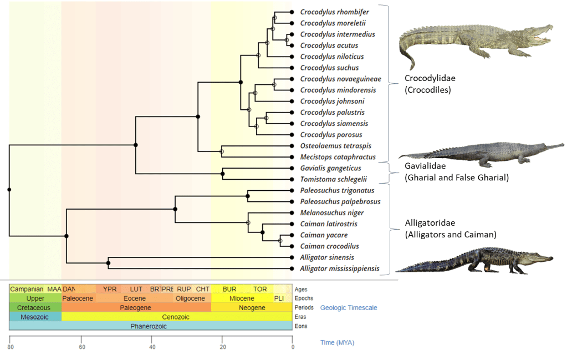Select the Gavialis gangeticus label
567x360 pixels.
(x=330, y=168)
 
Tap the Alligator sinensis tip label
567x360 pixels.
(x=327, y=257)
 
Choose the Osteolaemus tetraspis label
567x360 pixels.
(x=332, y=146)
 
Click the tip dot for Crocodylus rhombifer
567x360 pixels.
(x=292, y=12)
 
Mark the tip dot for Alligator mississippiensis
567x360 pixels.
(x=292, y=269)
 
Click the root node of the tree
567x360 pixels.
(x=9, y=190)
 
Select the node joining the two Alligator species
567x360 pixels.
(x=109, y=263)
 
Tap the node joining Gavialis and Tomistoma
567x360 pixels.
(x=223, y=174)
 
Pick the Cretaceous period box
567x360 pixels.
(x=34, y=307)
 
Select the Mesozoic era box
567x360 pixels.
(x=35, y=317)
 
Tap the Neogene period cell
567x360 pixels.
(x=252, y=307)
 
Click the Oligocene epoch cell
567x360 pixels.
(x=190, y=298)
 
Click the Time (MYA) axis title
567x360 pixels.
(x=337, y=342)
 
